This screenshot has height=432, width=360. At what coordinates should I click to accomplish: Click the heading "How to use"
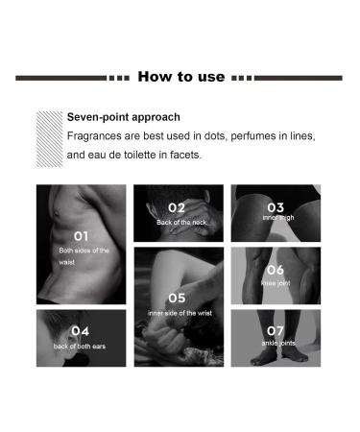181,77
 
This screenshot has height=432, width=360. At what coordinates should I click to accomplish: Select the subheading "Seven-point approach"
124,117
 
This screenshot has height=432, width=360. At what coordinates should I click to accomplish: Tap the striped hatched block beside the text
50,139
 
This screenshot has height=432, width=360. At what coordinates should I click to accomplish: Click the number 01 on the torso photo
81,236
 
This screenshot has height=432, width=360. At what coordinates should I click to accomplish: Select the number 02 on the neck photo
177,208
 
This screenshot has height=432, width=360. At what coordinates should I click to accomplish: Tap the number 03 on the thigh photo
276,207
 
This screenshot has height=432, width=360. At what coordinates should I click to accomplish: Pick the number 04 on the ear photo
80,331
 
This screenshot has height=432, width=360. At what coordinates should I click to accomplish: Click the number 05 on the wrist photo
177,299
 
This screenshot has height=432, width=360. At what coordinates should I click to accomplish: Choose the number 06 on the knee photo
276,270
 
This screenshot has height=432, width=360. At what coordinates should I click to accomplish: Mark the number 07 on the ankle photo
276,331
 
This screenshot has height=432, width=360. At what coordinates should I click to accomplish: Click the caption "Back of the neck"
181,222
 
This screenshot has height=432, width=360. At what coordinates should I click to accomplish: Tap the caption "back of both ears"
80,347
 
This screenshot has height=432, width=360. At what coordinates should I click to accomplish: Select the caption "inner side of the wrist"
180,313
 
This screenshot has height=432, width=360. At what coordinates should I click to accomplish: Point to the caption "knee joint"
276,283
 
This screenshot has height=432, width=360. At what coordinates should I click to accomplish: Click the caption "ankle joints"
278,343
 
